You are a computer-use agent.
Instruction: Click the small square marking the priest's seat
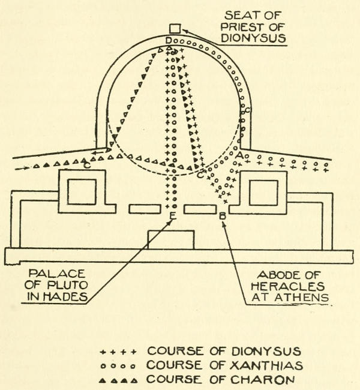[175, 28]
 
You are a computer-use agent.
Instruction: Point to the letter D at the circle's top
[169, 41]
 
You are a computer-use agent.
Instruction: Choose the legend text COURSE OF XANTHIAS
[224, 365]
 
